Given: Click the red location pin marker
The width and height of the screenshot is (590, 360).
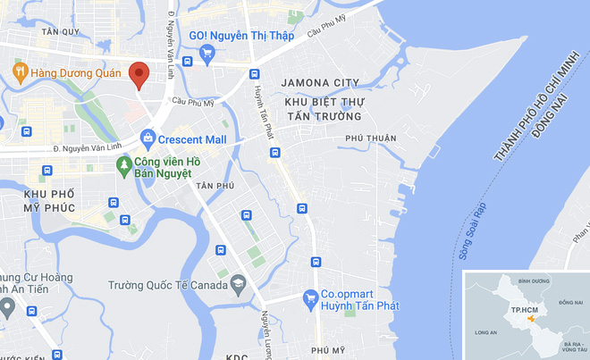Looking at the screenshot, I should point(138,74).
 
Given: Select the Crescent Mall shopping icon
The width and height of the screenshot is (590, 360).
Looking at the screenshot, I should point(147,139).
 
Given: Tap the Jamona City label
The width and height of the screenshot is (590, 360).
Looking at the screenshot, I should point(320,83).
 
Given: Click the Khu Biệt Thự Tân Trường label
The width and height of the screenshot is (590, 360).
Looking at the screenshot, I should point(324,109).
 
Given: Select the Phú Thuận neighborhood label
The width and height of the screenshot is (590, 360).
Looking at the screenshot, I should point(369,138).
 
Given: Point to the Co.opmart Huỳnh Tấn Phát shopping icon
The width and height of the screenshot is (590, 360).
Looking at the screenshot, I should point(310,297).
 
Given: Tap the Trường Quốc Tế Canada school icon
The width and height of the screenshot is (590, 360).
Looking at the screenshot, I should point(238,285).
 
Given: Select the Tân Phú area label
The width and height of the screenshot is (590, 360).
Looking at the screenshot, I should point(215,186).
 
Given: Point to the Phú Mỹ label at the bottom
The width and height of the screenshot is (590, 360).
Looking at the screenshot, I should point(327,350).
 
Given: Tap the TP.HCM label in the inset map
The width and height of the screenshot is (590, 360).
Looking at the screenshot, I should point(523,310).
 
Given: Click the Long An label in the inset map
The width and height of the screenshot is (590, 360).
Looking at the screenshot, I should point(486,332).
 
